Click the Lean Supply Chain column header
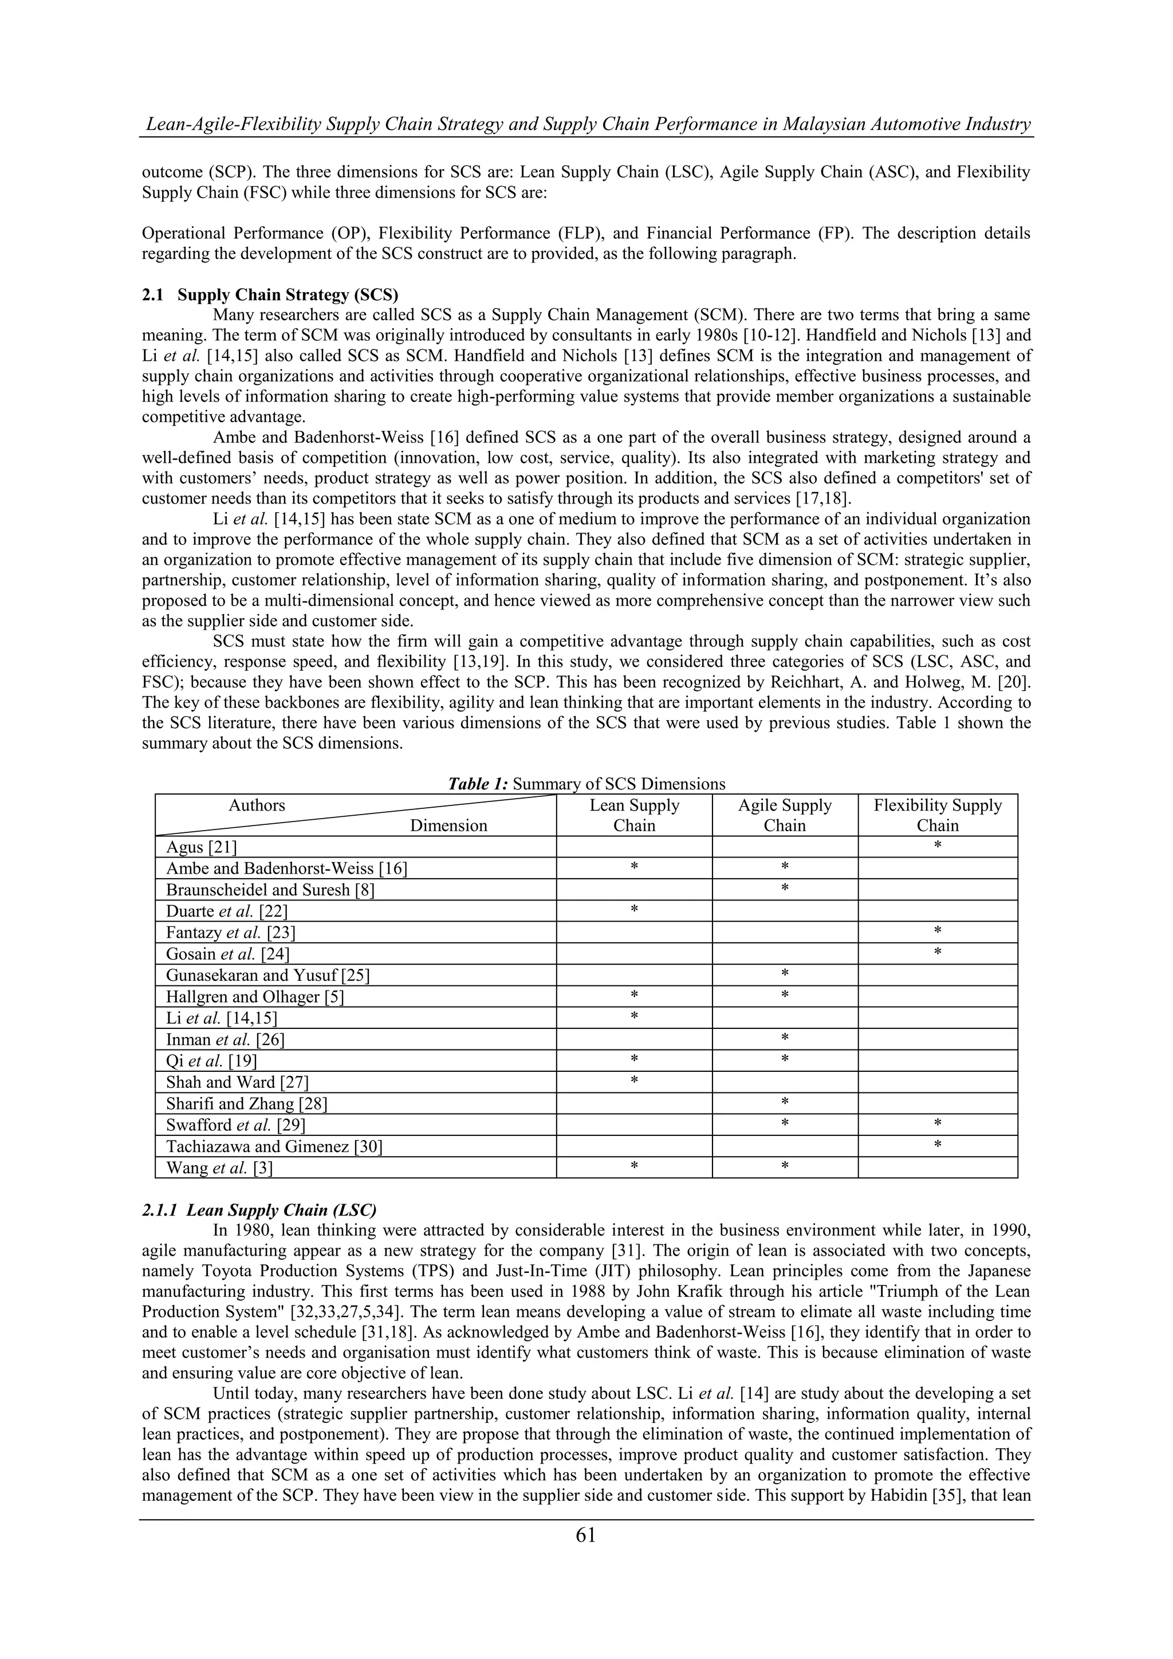[634, 815]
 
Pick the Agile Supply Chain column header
[785, 815]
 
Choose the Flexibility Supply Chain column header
[938, 815]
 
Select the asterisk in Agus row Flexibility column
[938, 846]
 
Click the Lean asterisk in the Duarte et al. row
[634, 910]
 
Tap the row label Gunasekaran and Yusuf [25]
[268, 976]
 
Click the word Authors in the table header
[257, 805]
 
